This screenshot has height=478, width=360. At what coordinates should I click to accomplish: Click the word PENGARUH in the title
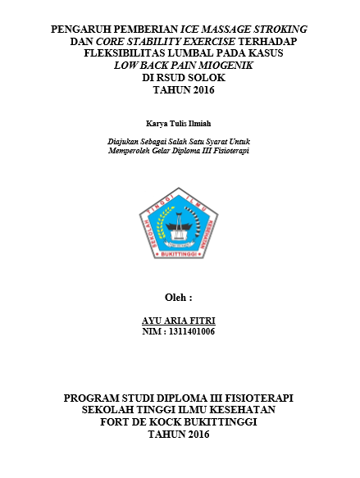pyautogui.click(x=80, y=29)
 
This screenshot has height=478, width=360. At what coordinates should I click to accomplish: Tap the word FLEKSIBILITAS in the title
pyautogui.click(x=125, y=53)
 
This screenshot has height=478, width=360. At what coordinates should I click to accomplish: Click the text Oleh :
pyautogui.click(x=179, y=296)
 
